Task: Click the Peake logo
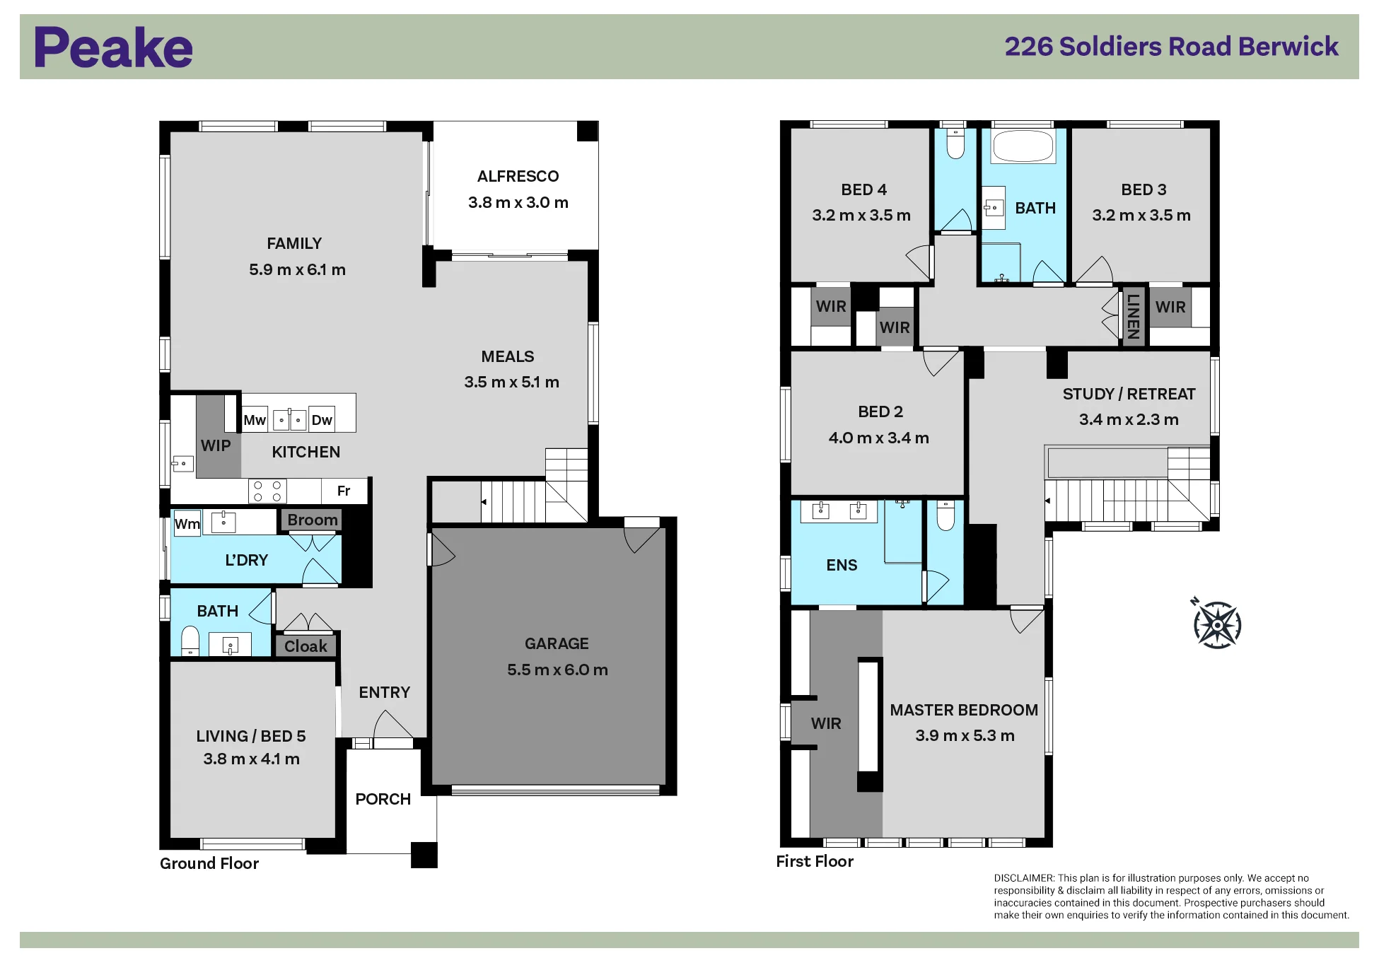(113, 47)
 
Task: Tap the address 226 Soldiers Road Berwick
(1171, 47)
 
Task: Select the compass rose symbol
(1216, 624)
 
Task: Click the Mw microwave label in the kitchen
(255, 420)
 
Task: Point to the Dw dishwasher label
(322, 420)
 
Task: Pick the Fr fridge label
(344, 491)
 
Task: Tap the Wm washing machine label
(187, 524)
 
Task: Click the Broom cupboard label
(313, 520)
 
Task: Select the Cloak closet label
(306, 646)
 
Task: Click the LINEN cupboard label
(1133, 316)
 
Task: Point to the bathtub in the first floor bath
(1023, 146)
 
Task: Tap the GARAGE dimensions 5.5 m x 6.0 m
(557, 670)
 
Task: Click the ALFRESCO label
(518, 176)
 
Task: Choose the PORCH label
(383, 799)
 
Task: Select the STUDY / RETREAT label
(1129, 394)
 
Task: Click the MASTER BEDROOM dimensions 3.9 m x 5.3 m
(965, 735)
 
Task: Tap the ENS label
(842, 565)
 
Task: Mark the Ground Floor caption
(209, 863)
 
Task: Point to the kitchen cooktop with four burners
(267, 491)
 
